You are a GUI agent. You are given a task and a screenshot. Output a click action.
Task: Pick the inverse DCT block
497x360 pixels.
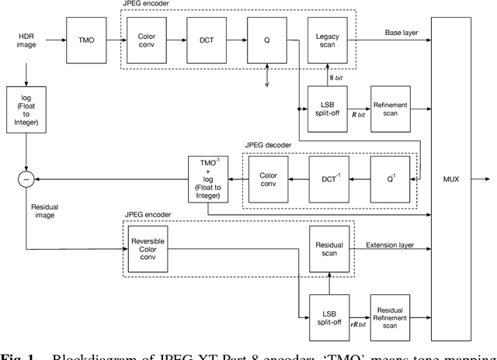coord(328,179)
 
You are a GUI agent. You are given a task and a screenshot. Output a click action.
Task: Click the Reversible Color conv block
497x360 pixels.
coord(147,250)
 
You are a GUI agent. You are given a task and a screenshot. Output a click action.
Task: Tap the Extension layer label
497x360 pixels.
coord(390,244)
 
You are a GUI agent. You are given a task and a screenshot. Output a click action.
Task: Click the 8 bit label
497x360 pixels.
coord(334,78)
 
